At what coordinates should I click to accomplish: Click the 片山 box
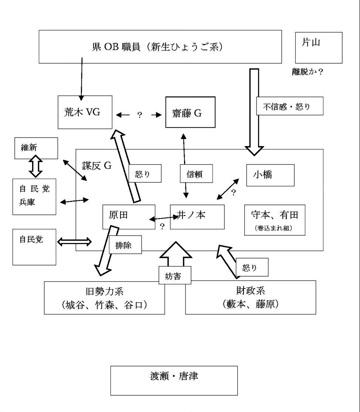click(319, 47)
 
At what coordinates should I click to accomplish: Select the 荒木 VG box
click(85, 112)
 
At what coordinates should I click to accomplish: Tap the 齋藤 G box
click(190, 112)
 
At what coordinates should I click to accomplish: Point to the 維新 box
click(36, 148)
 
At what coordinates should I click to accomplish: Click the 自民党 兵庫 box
click(34, 196)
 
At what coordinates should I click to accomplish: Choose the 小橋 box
click(270, 175)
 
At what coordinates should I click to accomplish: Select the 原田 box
click(128, 217)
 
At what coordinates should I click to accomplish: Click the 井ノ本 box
click(197, 217)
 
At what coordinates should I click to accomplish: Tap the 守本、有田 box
click(275, 220)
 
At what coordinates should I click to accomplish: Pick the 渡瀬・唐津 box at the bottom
click(174, 380)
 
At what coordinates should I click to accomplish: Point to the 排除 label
click(125, 245)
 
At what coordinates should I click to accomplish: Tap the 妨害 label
click(175, 276)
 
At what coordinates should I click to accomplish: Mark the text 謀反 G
click(96, 166)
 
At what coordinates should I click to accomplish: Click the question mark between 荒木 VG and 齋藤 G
click(139, 115)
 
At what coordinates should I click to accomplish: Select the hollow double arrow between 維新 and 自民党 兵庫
click(36, 166)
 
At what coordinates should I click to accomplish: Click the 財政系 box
click(250, 297)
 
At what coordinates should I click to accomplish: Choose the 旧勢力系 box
click(104, 298)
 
